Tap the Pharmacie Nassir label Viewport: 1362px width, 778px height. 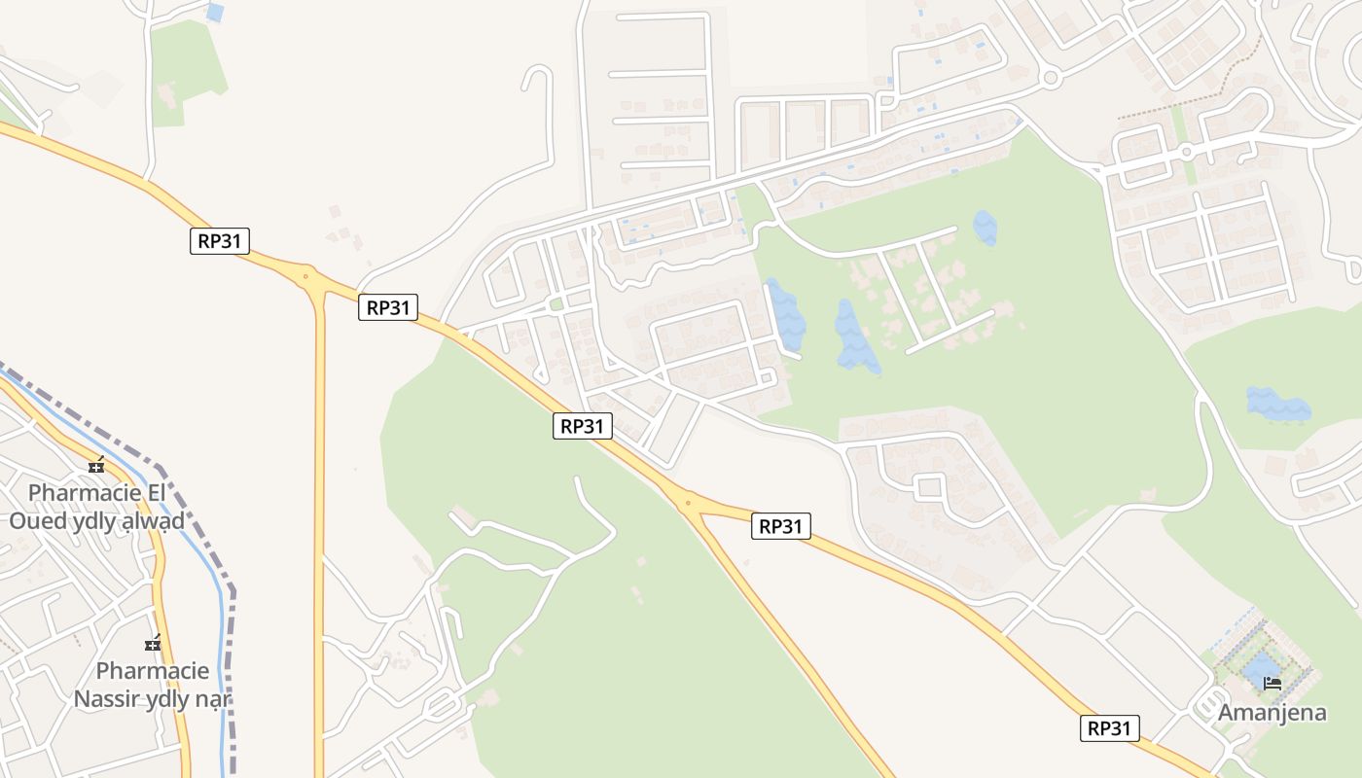153,685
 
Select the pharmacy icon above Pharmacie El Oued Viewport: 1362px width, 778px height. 95,466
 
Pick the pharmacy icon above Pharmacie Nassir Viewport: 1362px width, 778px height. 153,644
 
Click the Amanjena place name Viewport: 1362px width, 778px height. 1272,712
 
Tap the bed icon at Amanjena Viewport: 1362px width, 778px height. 1272,683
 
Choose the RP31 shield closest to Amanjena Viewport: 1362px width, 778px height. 1109,728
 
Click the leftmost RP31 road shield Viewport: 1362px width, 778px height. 220,241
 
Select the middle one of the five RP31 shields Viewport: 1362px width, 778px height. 583,425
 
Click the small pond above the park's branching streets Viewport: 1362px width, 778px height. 985,228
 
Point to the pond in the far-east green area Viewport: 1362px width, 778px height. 1277,405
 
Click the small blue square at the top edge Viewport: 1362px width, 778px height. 215,13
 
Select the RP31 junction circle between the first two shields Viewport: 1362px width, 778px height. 306,277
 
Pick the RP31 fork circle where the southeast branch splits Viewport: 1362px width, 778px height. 688,503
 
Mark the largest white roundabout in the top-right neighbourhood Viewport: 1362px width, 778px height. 1049,78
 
